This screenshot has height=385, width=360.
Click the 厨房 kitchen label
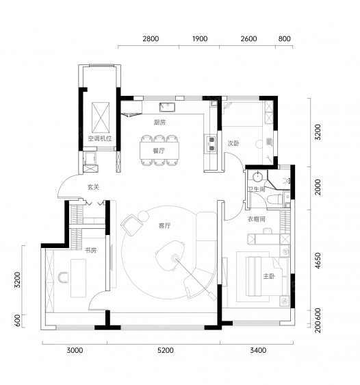(x=159, y=122)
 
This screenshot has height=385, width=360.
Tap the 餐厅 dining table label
(x=159, y=151)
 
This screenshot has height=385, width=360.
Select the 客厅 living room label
(x=164, y=225)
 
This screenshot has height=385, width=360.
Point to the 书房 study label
(x=90, y=250)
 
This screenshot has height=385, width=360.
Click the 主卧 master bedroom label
(x=269, y=276)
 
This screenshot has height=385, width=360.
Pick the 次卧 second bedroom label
(x=233, y=143)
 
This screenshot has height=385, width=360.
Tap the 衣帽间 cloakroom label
(x=256, y=219)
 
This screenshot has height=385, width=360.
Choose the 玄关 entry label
(x=93, y=187)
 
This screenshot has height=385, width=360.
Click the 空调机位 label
(x=100, y=138)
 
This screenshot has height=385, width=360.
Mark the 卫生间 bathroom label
(x=256, y=189)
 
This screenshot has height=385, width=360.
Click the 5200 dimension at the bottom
(x=166, y=350)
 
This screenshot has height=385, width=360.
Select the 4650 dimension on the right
(x=318, y=260)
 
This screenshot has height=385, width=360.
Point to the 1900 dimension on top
(x=200, y=38)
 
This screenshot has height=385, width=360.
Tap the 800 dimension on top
(x=285, y=38)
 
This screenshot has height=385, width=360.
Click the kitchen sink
(x=167, y=108)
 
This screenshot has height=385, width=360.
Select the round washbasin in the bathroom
(x=257, y=177)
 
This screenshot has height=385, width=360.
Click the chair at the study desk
(x=63, y=277)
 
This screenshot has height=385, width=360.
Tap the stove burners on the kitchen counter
(x=211, y=144)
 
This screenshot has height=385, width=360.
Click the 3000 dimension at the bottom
(x=75, y=350)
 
